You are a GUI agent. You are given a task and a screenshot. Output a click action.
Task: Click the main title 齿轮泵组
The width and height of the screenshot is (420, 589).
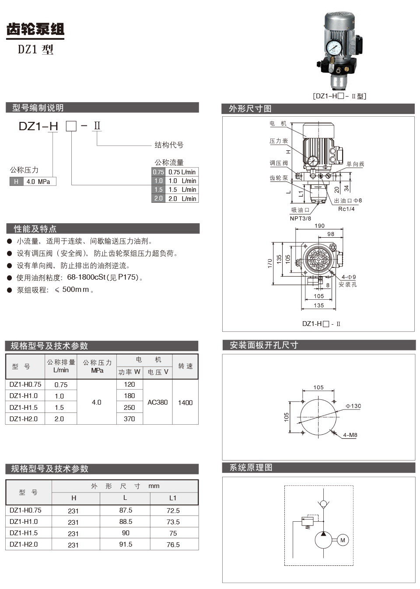[35, 29]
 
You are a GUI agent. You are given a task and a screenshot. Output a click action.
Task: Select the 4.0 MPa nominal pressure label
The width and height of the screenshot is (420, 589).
[38, 181]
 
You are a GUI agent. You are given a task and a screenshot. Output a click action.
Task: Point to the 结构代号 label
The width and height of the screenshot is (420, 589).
[169, 145]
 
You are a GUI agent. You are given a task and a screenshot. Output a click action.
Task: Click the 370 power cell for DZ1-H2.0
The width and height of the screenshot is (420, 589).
[129, 419]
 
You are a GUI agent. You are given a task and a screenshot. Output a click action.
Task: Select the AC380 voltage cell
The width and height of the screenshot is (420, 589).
[157, 402]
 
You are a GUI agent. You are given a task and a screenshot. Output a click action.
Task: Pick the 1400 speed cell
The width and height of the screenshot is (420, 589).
[185, 402]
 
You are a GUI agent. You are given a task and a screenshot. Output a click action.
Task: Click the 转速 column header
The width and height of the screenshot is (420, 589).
[185, 366]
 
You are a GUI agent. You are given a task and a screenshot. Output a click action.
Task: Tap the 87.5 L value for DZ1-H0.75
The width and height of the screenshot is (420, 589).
[126, 510]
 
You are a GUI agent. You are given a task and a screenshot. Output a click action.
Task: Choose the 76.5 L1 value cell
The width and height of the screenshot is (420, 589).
[173, 544]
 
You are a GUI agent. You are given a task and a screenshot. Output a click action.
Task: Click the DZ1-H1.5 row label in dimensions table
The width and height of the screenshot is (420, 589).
[24, 533]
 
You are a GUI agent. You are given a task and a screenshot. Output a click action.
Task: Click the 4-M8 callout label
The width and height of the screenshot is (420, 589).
[350, 435]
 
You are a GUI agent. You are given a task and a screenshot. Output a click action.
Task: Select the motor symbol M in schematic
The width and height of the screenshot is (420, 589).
[343, 540]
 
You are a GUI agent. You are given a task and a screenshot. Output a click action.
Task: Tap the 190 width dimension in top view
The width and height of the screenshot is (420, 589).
[319, 226]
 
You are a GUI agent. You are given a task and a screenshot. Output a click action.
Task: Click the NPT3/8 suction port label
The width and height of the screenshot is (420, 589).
[301, 218]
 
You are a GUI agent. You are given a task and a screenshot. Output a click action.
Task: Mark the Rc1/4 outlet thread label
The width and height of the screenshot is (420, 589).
[346, 209]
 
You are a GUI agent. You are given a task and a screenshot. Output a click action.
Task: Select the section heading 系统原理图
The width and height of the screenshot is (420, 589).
[251, 468]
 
